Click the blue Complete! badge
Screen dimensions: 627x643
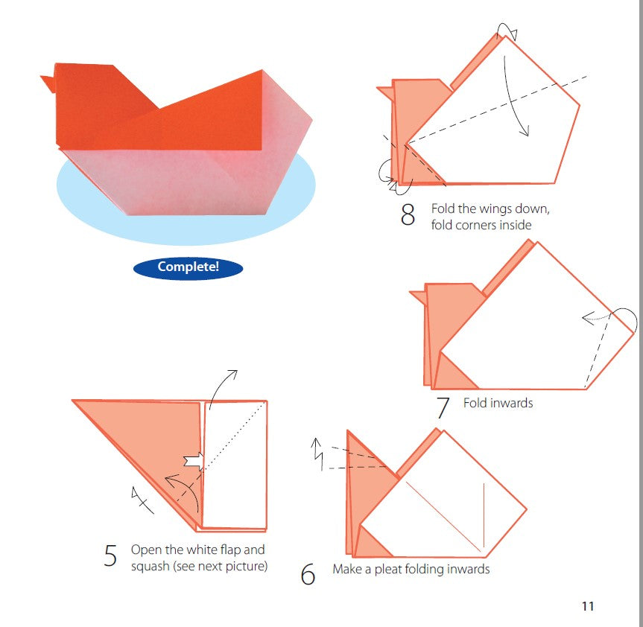(x=188, y=267)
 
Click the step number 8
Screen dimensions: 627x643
(x=408, y=215)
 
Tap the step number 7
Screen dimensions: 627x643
(x=443, y=408)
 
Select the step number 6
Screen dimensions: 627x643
(x=308, y=575)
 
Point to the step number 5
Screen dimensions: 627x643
(x=110, y=556)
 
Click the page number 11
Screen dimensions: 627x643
(x=587, y=606)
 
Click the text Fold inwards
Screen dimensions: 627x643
(x=498, y=403)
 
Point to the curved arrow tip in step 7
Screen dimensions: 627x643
(x=586, y=319)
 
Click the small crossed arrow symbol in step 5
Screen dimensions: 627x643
(x=142, y=500)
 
